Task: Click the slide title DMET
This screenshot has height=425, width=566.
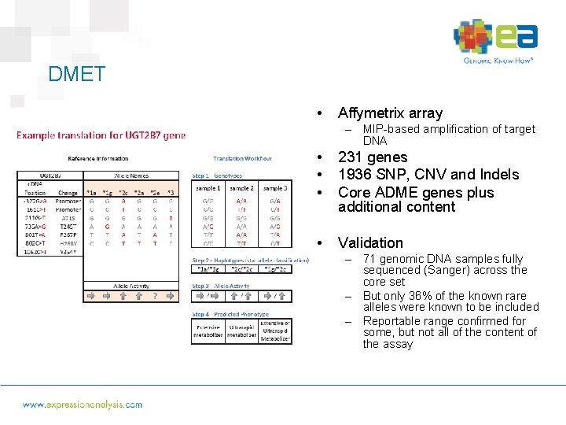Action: tap(76, 74)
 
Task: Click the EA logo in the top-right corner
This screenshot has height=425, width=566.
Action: tap(496, 41)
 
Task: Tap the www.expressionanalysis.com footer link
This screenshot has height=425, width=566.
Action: tap(83, 405)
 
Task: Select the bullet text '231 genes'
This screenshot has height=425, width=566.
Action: tap(373, 157)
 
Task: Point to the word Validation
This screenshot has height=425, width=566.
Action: tap(370, 243)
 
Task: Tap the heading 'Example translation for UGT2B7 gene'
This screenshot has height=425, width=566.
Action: tap(101, 135)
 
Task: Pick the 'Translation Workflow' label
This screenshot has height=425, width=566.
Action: tap(242, 159)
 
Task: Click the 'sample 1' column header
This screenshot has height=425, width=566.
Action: tap(208, 188)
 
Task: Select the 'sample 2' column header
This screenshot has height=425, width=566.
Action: tap(241, 188)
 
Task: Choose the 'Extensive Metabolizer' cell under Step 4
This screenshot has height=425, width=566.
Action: tap(208, 331)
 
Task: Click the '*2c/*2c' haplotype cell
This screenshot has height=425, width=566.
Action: tap(241, 268)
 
